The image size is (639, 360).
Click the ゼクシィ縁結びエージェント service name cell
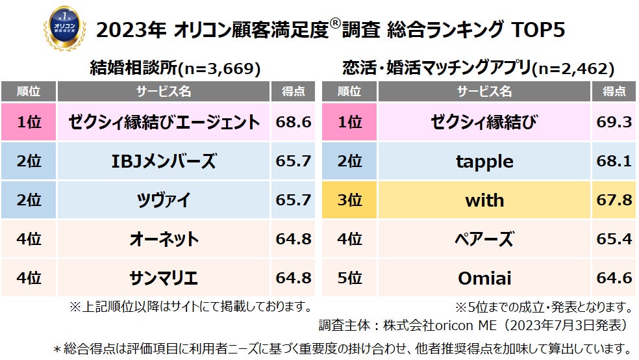coord(164,122)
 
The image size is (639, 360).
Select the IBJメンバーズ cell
coord(164,161)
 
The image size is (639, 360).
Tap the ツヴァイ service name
coord(164,200)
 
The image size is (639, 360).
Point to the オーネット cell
coord(164,239)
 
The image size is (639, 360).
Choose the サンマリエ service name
coord(164,278)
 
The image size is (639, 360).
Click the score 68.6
coord(294,122)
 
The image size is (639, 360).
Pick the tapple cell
coord(484,161)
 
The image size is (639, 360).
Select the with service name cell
coord(484,200)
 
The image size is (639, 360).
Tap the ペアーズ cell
coord(484,239)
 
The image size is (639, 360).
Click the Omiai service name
coord(484,278)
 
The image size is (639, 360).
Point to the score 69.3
coord(614,122)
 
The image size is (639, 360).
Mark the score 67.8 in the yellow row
coord(614,200)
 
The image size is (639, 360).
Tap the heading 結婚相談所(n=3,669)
coord(177,68)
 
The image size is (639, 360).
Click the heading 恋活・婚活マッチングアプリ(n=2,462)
coord(478,68)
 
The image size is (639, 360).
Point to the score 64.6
coord(614,278)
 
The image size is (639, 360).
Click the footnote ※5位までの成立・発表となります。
coord(544,306)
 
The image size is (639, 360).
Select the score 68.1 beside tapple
coord(614,161)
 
